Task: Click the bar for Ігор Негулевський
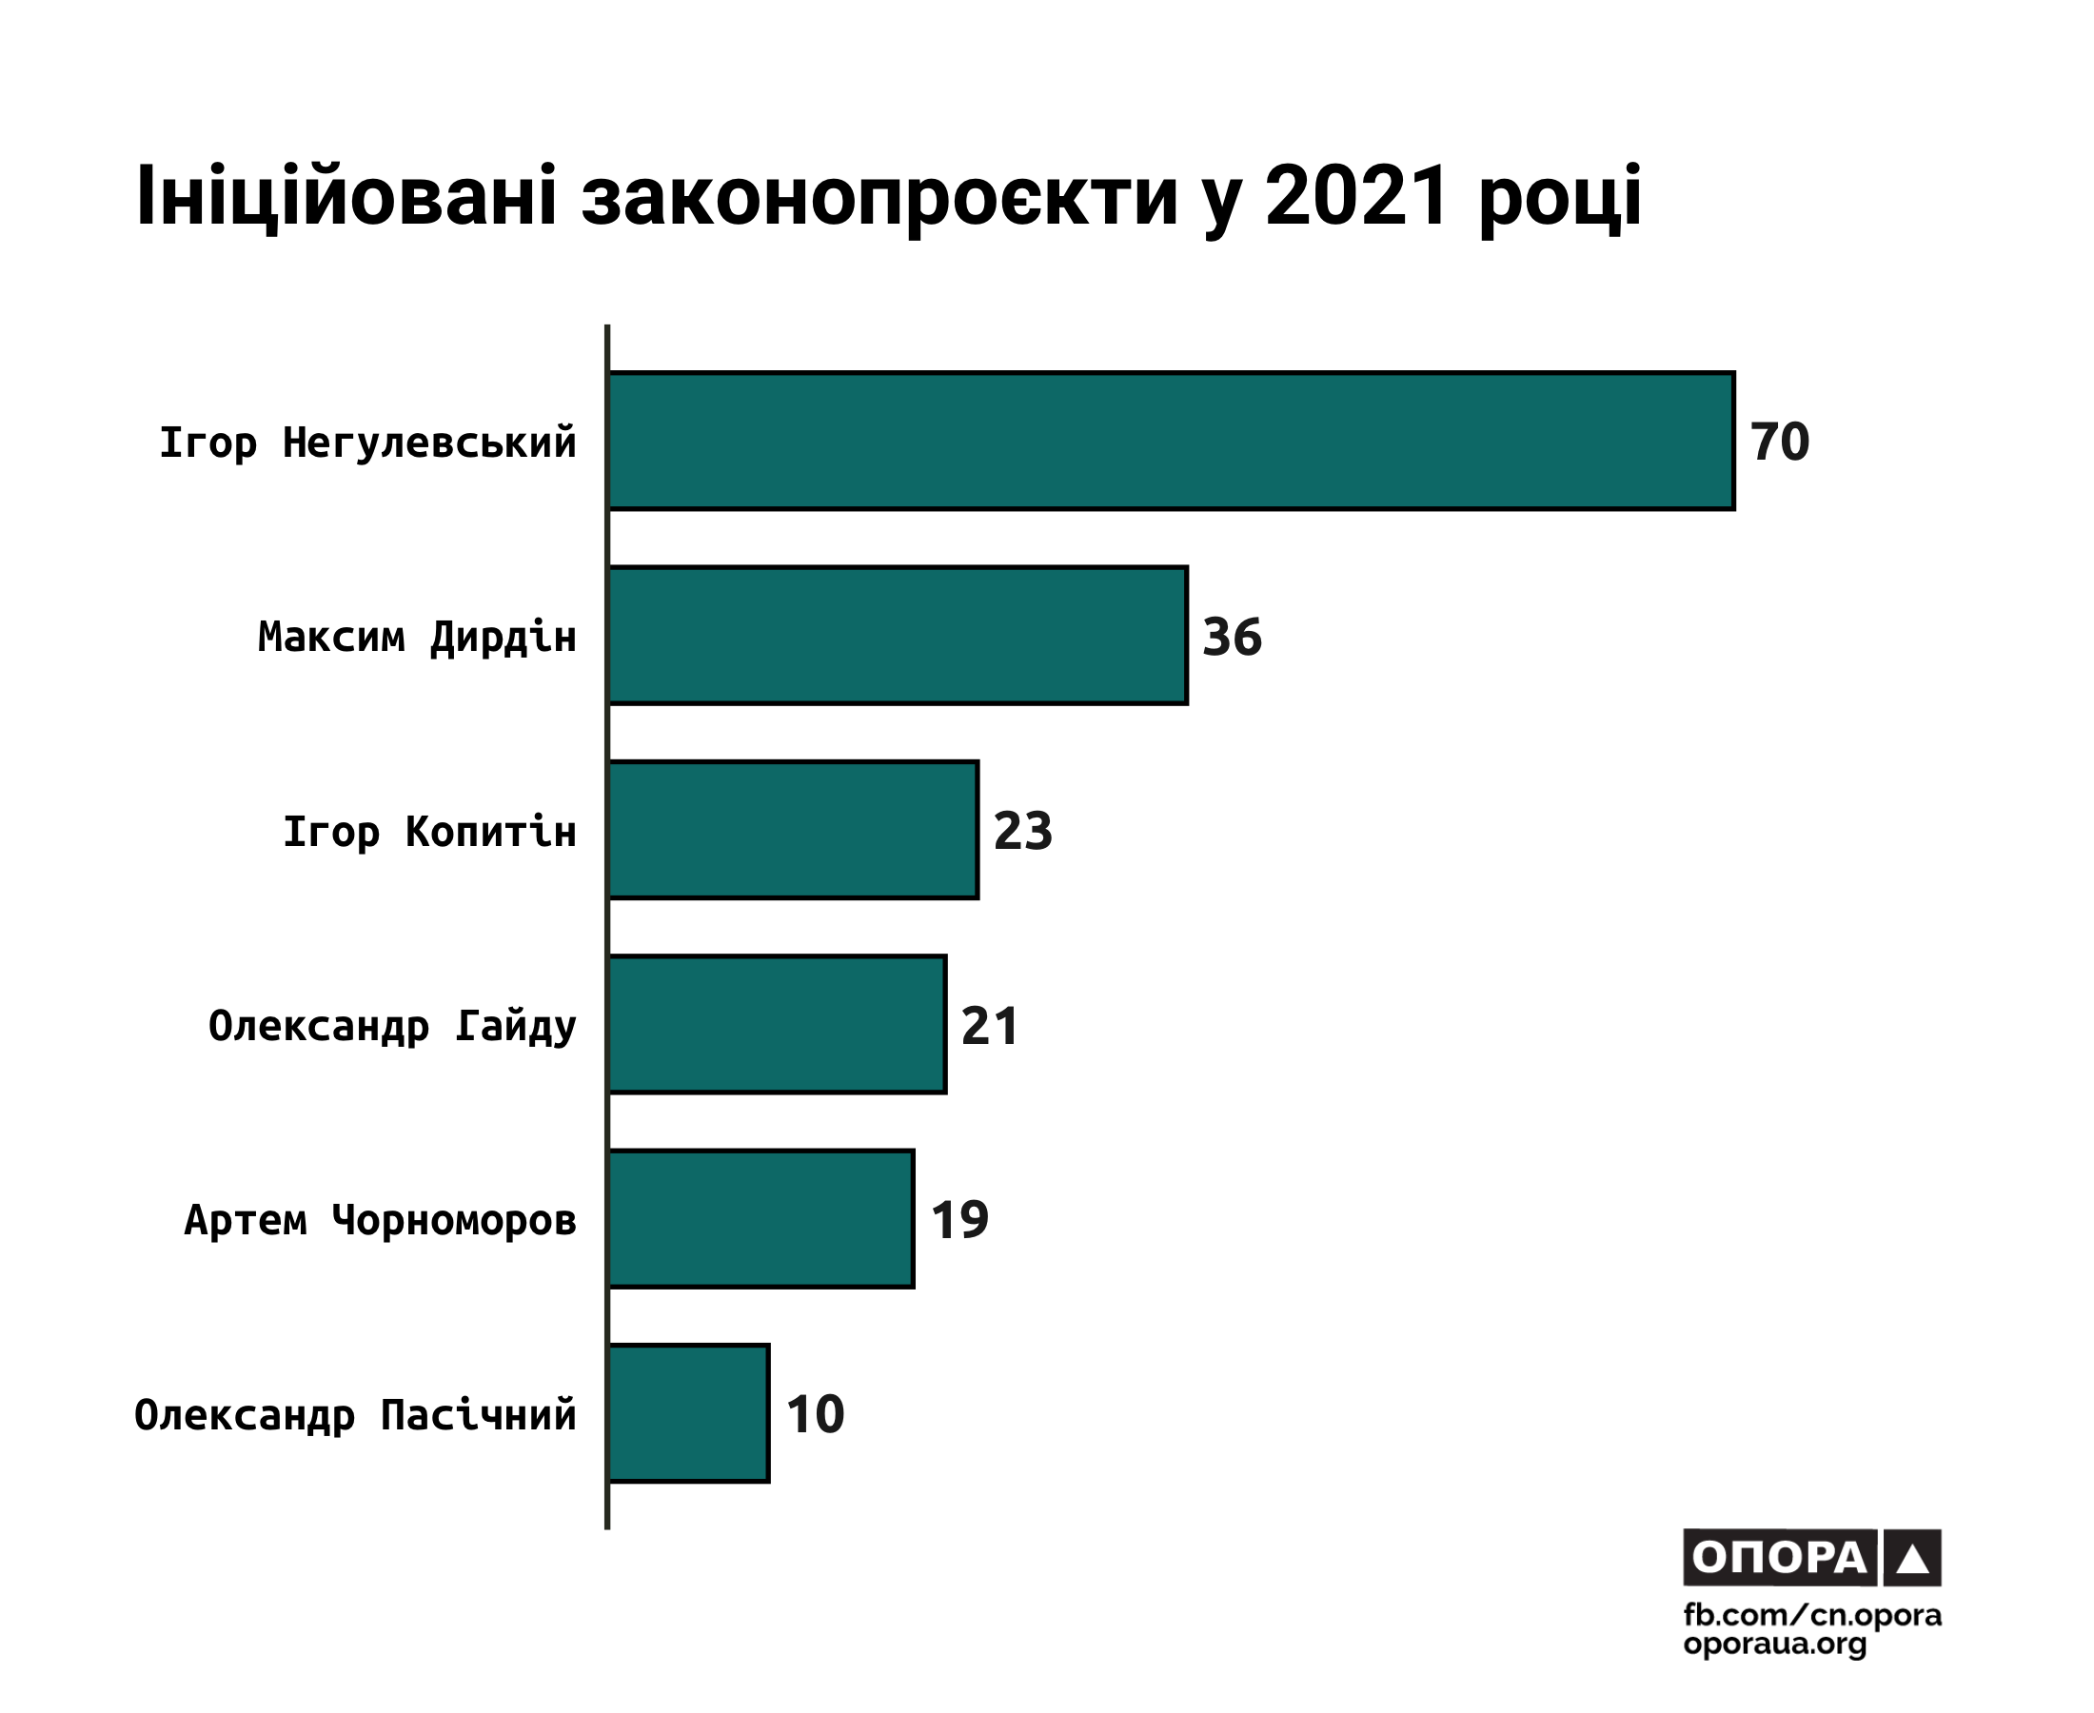[1172, 441]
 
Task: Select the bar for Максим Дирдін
[898, 636]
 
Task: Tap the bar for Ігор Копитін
[794, 830]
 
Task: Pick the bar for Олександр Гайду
[778, 1024]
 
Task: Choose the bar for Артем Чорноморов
[761, 1219]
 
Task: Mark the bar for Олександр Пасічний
[689, 1413]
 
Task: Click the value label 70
[1779, 441]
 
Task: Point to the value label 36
[1232, 637]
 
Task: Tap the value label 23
[1022, 831]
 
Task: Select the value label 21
[990, 1025]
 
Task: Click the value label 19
[959, 1220]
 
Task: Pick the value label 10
[815, 1414]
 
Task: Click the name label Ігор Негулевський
[367, 443]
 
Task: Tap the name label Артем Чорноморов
[380, 1221]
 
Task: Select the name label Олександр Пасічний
[355, 1415]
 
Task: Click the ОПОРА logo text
[1778, 1558]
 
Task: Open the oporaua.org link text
[1774, 1644]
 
